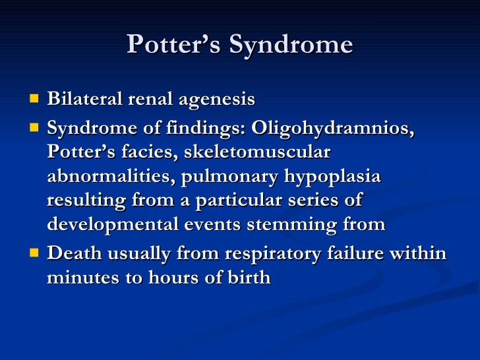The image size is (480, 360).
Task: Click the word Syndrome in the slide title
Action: point(290,45)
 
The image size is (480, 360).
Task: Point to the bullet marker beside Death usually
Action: point(34,253)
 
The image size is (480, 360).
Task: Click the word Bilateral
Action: point(80,100)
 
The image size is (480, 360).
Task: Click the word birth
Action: point(249,278)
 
